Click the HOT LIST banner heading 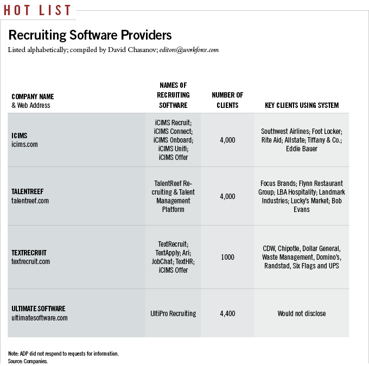[36, 10]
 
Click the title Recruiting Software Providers [90, 36]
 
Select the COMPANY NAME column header [33, 97]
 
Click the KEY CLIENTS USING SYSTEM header [302, 105]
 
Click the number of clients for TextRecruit [227, 257]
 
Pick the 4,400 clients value [227, 313]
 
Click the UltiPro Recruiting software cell [173, 313]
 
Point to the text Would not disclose [302, 313]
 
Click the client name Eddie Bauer [302, 149]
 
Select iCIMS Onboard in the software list [173, 140]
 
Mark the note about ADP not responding [63, 354]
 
